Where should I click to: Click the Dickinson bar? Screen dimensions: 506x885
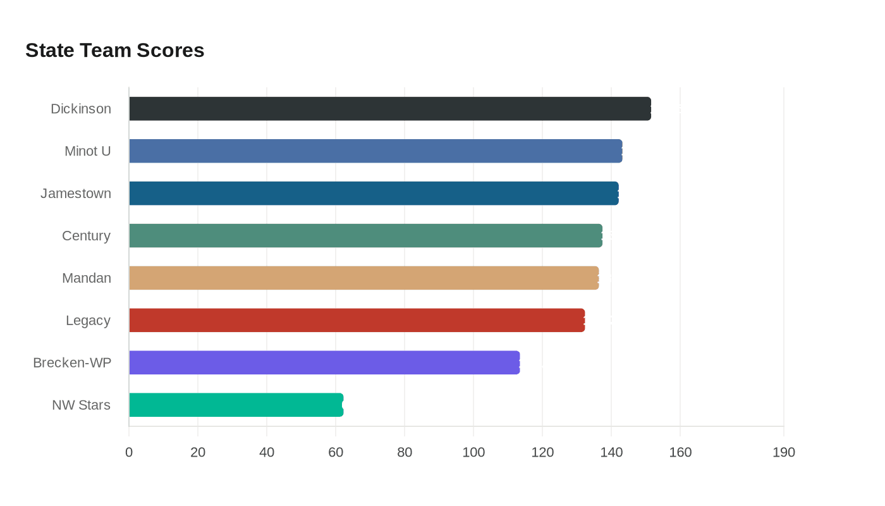coord(390,109)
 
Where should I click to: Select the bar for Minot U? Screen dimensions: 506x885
coord(375,151)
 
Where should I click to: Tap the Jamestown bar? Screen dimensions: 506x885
coord(374,194)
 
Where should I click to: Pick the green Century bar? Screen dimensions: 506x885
coord(365,235)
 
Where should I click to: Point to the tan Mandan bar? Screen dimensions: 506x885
coord(363,278)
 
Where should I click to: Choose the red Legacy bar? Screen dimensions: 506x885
coord(357,320)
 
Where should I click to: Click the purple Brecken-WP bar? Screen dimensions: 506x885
coord(324,362)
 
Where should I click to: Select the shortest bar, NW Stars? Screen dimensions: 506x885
coord(236,405)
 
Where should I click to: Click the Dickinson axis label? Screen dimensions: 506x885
coord(81,109)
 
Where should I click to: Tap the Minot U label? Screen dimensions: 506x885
coord(88,151)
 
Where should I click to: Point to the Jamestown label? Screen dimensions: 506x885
coord(76,194)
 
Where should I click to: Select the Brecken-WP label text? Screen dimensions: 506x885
coord(72,362)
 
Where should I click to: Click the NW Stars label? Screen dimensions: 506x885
coord(81,405)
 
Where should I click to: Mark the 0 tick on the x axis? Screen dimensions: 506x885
coord(129,452)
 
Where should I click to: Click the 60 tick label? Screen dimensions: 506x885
coord(336,452)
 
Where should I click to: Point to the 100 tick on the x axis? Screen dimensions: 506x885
coord(473,452)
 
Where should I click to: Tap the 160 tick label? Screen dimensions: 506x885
coord(680,452)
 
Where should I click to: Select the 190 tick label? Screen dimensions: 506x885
coord(784,452)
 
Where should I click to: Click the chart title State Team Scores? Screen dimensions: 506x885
coord(115,50)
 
